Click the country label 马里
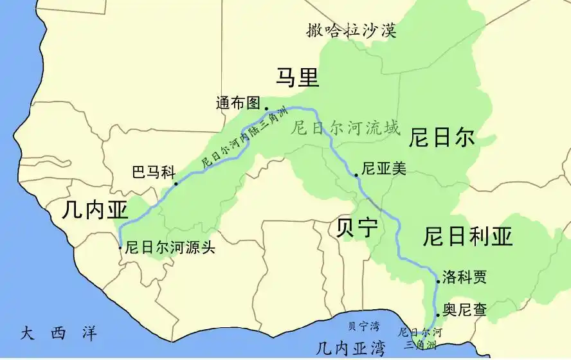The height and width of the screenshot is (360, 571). [x=297, y=78]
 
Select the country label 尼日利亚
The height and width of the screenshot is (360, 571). [x=467, y=237]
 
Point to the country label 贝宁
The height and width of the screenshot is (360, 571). [x=357, y=229]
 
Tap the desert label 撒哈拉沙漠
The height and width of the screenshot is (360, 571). [x=351, y=30]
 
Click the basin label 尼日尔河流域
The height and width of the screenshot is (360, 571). [x=345, y=129]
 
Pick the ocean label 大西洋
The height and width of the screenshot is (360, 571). [x=59, y=333]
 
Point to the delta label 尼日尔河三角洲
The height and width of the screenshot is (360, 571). [x=421, y=339]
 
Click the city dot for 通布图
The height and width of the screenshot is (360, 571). [x=266, y=109]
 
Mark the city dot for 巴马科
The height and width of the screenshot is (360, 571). [x=176, y=183]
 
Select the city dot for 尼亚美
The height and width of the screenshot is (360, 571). [x=356, y=175]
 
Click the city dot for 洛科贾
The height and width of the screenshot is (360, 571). [x=439, y=282]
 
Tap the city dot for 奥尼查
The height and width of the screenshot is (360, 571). [x=438, y=315]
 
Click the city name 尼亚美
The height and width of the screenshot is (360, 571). [x=384, y=168]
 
